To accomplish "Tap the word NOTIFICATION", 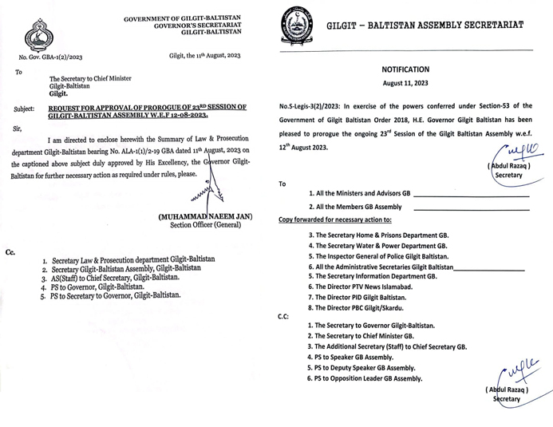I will [405, 69].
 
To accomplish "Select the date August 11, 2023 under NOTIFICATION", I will [405, 84].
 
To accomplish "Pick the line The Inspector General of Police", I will [378, 256].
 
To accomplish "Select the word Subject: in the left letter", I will [24, 108].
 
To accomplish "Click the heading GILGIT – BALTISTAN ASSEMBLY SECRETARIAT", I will [425, 26].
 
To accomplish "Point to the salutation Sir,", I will [18, 128].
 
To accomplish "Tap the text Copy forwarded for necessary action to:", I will [334, 219].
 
